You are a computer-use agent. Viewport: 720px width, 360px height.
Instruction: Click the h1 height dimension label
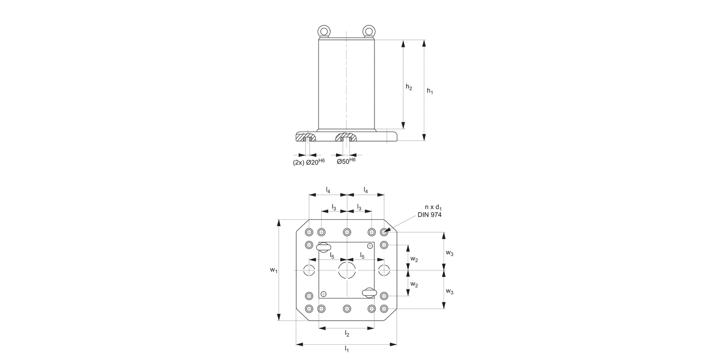pyautogui.click(x=430, y=91)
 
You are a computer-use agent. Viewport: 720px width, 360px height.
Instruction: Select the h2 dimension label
pyautogui.click(x=408, y=87)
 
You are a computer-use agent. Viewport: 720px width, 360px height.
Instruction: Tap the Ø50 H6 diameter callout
pyautogui.click(x=346, y=162)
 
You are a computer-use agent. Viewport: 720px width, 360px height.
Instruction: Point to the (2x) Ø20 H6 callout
pyautogui.click(x=309, y=162)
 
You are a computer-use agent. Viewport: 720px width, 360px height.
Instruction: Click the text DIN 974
pyautogui.click(x=426, y=215)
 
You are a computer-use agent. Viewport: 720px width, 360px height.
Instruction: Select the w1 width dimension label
pyautogui.click(x=274, y=270)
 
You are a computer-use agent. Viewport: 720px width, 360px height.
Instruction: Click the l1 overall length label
pyautogui.click(x=347, y=349)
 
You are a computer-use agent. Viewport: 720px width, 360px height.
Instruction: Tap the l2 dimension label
pyautogui.click(x=347, y=334)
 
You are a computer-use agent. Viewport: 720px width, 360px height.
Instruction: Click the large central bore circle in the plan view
pyautogui.click(x=347, y=270)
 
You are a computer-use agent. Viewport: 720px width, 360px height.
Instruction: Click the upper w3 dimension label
pyautogui.click(x=450, y=252)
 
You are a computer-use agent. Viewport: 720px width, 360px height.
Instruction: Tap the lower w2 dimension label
pyautogui.click(x=414, y=285)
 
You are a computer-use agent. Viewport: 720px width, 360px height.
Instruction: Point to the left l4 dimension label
pyautogui.click(x=328, y=190)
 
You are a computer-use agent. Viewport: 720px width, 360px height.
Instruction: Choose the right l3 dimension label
pyautogui.click(x=359, y=208)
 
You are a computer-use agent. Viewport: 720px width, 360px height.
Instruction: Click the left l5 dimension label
pyautogui.click(x=332, y=255)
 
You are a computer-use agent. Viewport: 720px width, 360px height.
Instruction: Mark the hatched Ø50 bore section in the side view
pyautogui.click(x=346, y=138)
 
